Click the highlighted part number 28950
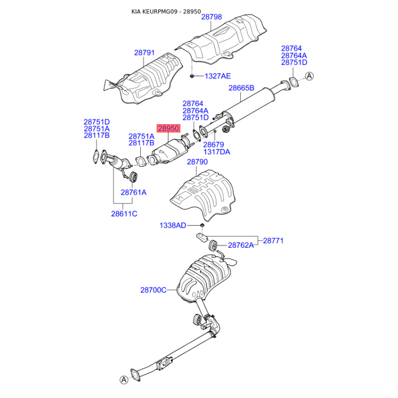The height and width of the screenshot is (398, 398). [168, 128]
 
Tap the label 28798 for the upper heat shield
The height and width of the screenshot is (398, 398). [211, 17]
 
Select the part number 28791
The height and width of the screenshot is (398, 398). [144, 52]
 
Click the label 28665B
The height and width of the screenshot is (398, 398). [241, 88]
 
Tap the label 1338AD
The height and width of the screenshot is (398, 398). [173, 225]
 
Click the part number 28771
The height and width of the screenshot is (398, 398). [273, 241]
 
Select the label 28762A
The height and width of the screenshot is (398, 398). [241, 245]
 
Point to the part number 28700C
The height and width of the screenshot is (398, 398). [153, 290]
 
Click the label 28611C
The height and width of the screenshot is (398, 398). [124, 214]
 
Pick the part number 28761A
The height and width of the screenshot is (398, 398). [133, 192]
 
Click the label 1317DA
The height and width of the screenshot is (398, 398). [216, 152]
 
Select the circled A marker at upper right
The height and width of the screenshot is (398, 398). [309, 76]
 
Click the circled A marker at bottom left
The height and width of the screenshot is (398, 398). [123, 380]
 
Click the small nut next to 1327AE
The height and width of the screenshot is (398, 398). [192, 76]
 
